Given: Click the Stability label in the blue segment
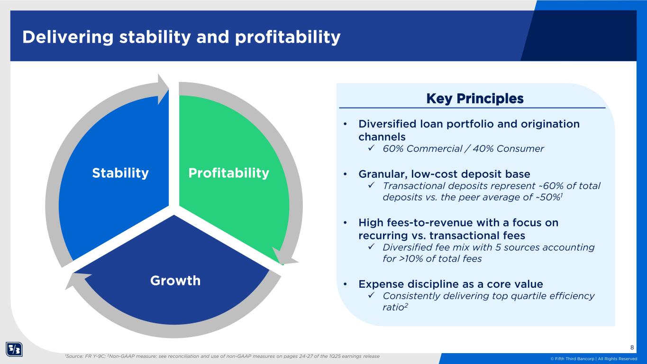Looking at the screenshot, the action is [x=120, y=173].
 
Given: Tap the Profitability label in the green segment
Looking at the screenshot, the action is [x=228, y=173].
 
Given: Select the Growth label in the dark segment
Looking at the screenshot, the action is [x=175, y=281].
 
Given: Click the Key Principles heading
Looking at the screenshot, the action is [x=475, y=99].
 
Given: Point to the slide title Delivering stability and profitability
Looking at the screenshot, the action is [x=182, y=37].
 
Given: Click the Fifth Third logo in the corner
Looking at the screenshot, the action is [x=14, y=349].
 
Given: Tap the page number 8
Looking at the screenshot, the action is [x=632, y=347].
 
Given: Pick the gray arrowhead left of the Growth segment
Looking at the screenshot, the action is [x=76, y=280].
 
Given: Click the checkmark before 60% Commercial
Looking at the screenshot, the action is [x=371, y=148].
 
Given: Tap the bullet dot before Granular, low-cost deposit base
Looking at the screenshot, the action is [x=345, y=174].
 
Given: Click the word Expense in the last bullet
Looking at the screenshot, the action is [x=381, y=284].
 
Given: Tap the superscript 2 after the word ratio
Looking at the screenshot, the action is [x=406, y=305].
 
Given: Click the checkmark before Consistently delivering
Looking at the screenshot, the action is [x=371, y=296].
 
